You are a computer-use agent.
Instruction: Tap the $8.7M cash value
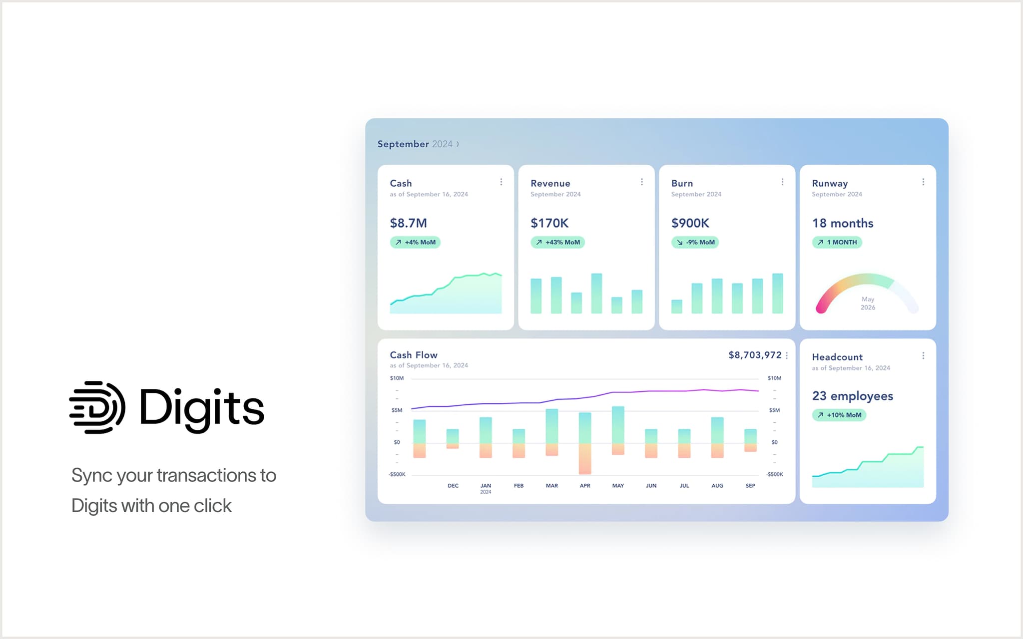coord(408,223)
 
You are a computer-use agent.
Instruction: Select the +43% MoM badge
coord(557,243)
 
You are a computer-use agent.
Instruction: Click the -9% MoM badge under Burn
coord(695,243)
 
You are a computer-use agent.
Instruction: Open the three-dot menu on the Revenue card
coord(642,182)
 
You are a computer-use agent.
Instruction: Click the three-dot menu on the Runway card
coord(923,182)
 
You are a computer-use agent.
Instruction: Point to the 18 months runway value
coord(843,223)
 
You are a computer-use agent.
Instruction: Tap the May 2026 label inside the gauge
coord(868,304)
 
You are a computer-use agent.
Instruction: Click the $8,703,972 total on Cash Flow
coord(755,355)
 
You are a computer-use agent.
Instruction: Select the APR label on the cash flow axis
coord(585,486)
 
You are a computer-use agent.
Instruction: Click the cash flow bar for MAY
coord(618,430)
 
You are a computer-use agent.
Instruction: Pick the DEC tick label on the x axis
coord(453,486)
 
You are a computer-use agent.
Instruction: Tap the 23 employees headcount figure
coord(852,396)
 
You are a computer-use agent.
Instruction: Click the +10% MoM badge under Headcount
coord(839,415)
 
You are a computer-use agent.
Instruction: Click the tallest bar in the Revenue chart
coord(596,294)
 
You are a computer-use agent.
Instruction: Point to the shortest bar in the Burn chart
coord(677,307)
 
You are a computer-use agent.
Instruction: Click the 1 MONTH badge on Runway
coord(837,243)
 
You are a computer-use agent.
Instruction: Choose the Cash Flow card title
coord(414,355)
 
